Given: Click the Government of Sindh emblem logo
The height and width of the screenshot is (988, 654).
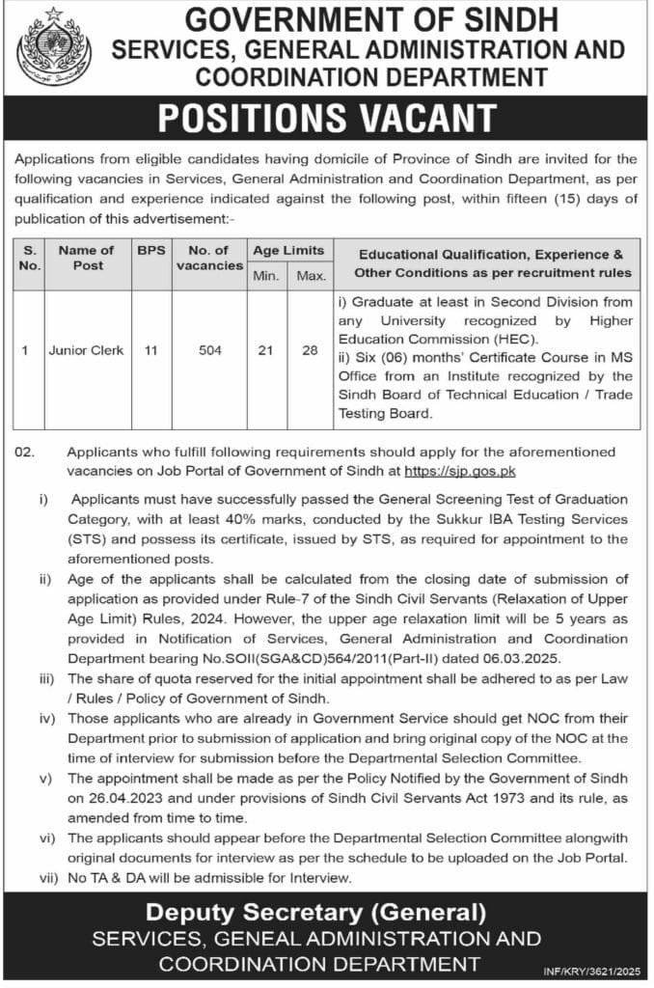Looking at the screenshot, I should click(56, 46).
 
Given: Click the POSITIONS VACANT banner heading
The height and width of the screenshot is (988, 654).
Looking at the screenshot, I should click(327, 118).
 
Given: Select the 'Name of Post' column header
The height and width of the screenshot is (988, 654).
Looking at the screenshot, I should click(87, 258).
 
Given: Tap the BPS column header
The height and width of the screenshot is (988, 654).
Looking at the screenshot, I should click(150, 250).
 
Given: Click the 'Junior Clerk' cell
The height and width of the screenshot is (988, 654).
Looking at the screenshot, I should click(87, 350).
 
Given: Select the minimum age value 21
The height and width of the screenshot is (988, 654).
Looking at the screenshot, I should click(265, 350).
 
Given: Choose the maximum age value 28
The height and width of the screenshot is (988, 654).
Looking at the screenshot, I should click(309, 350).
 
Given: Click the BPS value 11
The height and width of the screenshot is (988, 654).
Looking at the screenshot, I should click(150, 350).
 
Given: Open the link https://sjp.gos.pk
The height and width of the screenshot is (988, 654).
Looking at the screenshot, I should click(460, 473).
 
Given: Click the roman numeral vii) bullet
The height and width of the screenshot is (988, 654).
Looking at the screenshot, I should click(44, 878).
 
